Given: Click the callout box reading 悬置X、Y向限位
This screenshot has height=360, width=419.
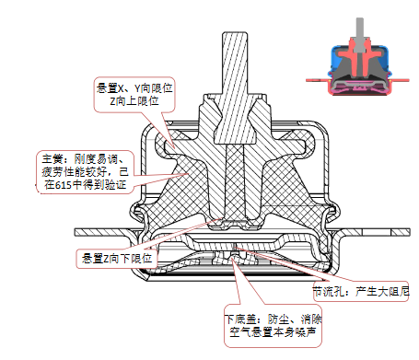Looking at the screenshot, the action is click(x=134, y=95).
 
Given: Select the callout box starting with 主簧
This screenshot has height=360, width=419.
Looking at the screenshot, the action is click(x=86, y=172).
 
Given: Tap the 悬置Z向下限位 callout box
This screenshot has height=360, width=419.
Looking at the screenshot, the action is click(x=117, y=259).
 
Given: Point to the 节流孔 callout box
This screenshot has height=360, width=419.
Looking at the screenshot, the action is click(x=361, y=291).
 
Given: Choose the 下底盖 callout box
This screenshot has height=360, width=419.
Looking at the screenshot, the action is click(x=273, y=326).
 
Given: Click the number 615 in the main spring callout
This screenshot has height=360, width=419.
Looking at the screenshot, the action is click(x=64, y=185).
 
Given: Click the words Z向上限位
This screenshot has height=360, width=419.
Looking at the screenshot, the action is click(x=134, y=101).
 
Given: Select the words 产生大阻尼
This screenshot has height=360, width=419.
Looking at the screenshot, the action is click(x=382, y=291).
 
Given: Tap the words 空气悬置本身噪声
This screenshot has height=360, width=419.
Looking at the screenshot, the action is click(x=273, y=332).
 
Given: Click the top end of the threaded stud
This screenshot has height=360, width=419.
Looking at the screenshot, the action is click(x=235, y=32).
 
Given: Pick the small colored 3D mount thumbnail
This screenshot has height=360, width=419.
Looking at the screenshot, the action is click(x=358, y=56).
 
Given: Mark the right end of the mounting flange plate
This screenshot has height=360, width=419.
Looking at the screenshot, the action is click(x=410, y=232).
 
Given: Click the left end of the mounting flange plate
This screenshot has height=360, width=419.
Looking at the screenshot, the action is click(x=76, y=232).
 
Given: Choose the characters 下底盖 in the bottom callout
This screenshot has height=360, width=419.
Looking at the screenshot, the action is click(x=240, y=319).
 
